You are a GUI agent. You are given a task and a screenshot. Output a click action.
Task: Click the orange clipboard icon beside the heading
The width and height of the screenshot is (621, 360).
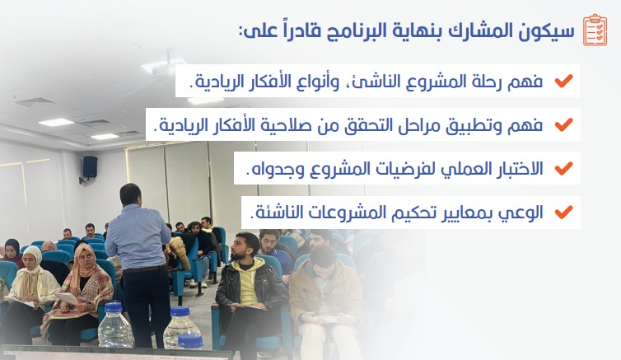pos(595,30)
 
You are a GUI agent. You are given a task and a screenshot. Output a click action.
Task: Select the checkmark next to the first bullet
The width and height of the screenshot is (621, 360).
pos(563,81)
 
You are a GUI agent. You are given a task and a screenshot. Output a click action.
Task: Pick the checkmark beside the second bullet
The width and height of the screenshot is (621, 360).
pos(563,124)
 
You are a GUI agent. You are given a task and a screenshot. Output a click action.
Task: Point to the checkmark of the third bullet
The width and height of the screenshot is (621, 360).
pos(563,168)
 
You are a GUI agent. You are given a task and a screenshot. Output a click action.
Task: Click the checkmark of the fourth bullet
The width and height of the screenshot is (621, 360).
pos(563,212)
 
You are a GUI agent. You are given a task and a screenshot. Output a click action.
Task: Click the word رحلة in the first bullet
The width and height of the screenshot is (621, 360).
pos(489,82)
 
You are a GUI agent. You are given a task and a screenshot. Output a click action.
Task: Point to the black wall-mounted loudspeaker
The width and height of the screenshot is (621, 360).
pos(90,167)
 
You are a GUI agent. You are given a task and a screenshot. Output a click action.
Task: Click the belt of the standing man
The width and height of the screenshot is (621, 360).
pos(145,269)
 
